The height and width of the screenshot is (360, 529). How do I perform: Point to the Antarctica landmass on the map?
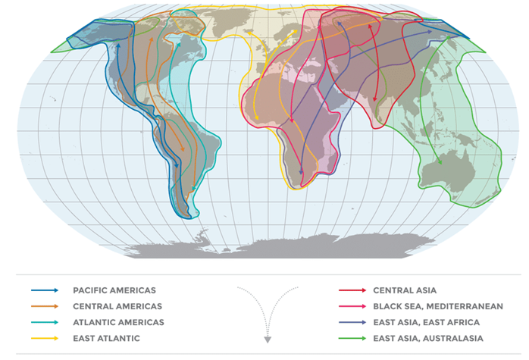coord(303,244)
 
